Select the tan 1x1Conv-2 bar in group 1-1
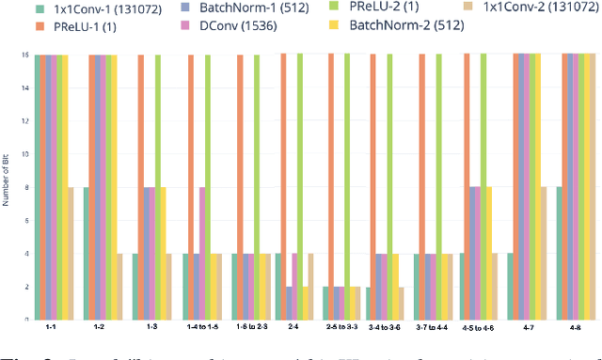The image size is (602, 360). (71, 254)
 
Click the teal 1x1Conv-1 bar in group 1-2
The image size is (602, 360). (87, 254)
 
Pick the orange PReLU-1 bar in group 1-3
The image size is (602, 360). (141, 188)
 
